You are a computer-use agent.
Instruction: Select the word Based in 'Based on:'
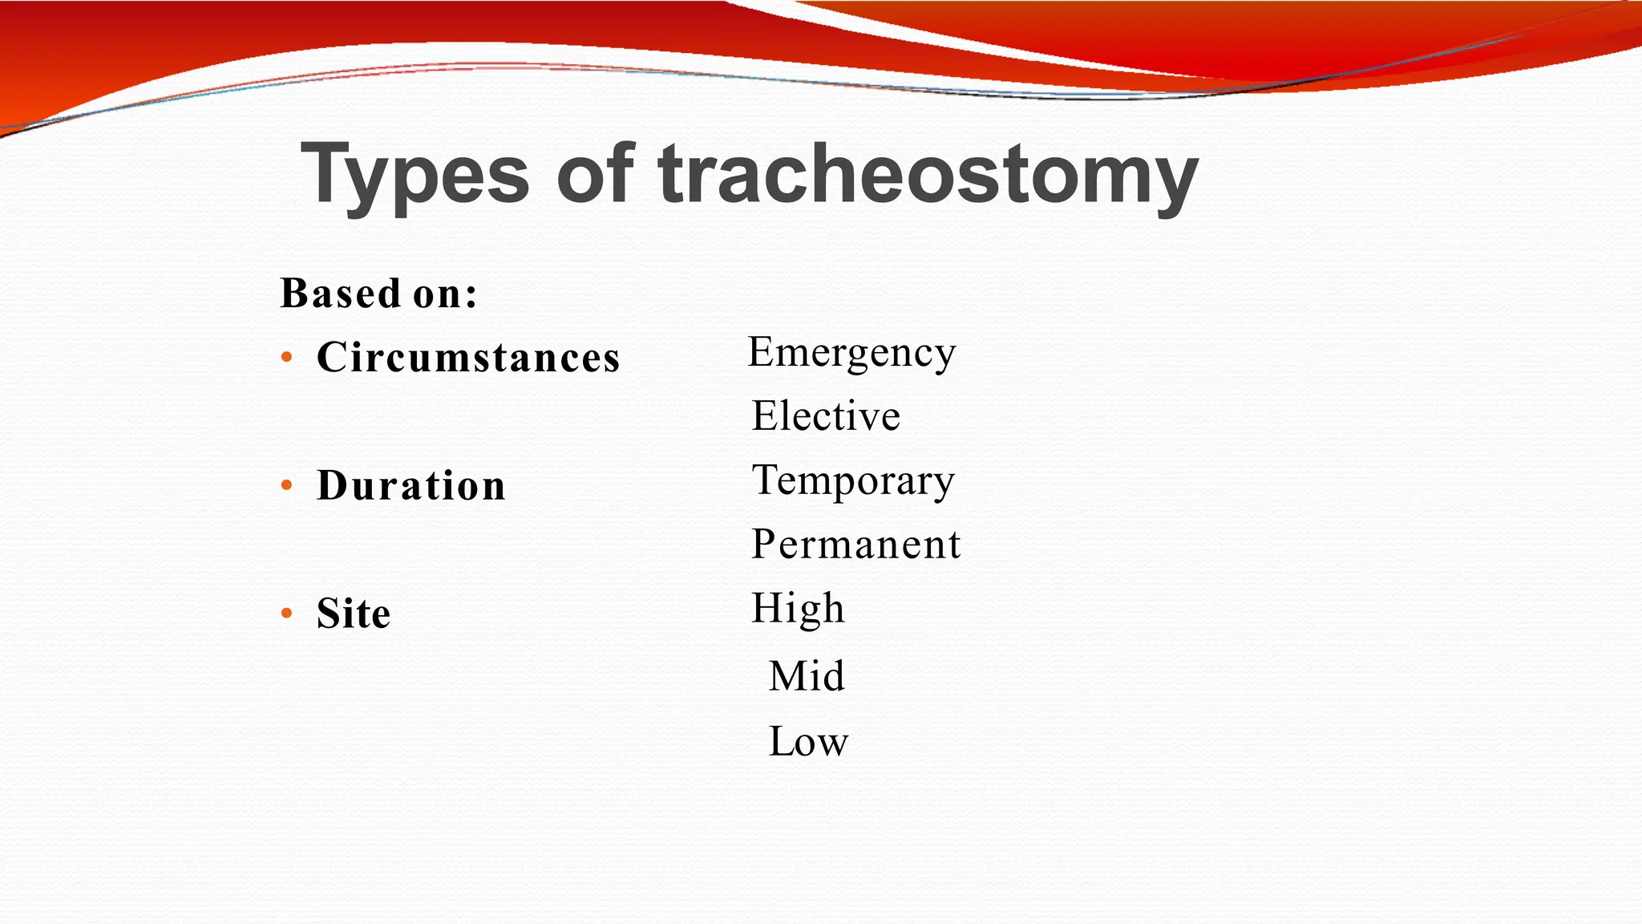341,294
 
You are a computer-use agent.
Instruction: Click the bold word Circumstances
468,357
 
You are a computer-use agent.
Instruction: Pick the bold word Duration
411,485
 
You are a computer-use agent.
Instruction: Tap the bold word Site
354,614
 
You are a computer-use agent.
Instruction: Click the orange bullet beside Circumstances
287,358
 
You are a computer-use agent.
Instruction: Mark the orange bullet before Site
287,614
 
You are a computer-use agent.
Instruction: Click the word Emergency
851,353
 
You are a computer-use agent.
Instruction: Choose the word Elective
826,415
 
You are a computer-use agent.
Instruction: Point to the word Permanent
855,545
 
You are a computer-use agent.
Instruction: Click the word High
798,608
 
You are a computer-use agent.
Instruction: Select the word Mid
807,675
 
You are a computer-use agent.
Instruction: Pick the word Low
808,741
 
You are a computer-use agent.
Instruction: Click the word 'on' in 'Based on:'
438,294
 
